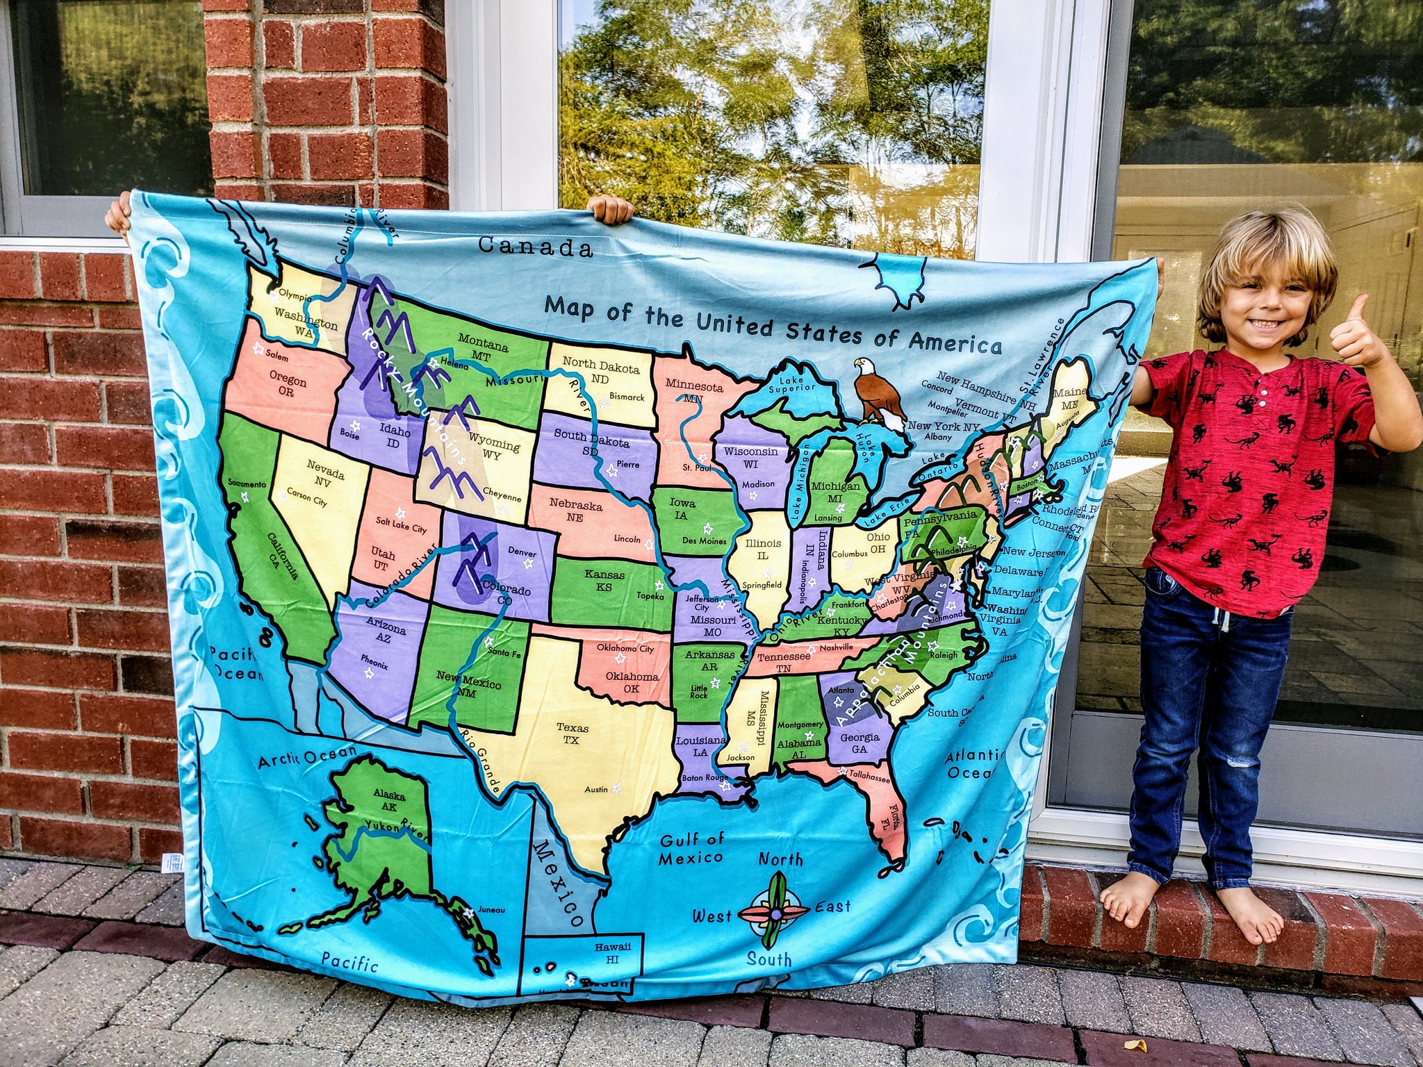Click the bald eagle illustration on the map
879,392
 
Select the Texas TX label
572,734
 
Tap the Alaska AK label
389,800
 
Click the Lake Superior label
791,383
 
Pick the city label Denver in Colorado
522,553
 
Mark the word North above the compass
780,859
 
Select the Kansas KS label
603,580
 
